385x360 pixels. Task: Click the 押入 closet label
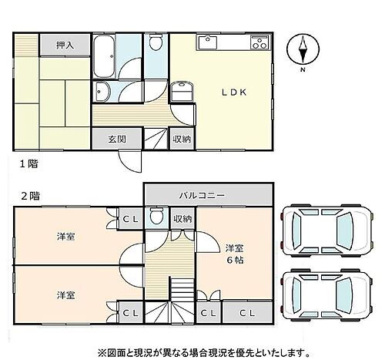click(x=65, y=46)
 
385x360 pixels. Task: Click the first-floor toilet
click(x=156, y=45)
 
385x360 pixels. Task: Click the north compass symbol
click(x=303, y=52)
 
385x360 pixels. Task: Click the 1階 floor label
click(x=26, y=163)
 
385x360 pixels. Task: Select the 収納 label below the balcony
click(x=182, y=219)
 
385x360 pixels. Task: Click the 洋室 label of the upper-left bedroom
click(x=65, y=236)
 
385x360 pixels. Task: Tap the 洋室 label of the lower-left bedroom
click(x=65, y=294)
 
